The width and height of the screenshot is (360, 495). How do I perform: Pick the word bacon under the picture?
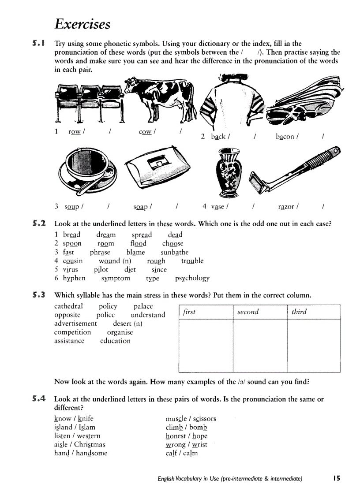click(x=285, y=137)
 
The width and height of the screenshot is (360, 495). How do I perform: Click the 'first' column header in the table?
click(x=189, y=312)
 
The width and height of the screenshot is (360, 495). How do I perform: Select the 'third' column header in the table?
click(x=299, y=312)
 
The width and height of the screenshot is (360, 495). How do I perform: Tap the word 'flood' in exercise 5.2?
click(x=138, y=243)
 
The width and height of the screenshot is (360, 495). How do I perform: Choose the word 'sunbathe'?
click(x=174, y=252)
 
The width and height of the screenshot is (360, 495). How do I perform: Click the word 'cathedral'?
click(x=68, y=306)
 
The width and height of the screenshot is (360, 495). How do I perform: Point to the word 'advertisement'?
click(x=75, y=323)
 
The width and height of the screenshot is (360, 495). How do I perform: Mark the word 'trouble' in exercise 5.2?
click(x=192, y=261)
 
